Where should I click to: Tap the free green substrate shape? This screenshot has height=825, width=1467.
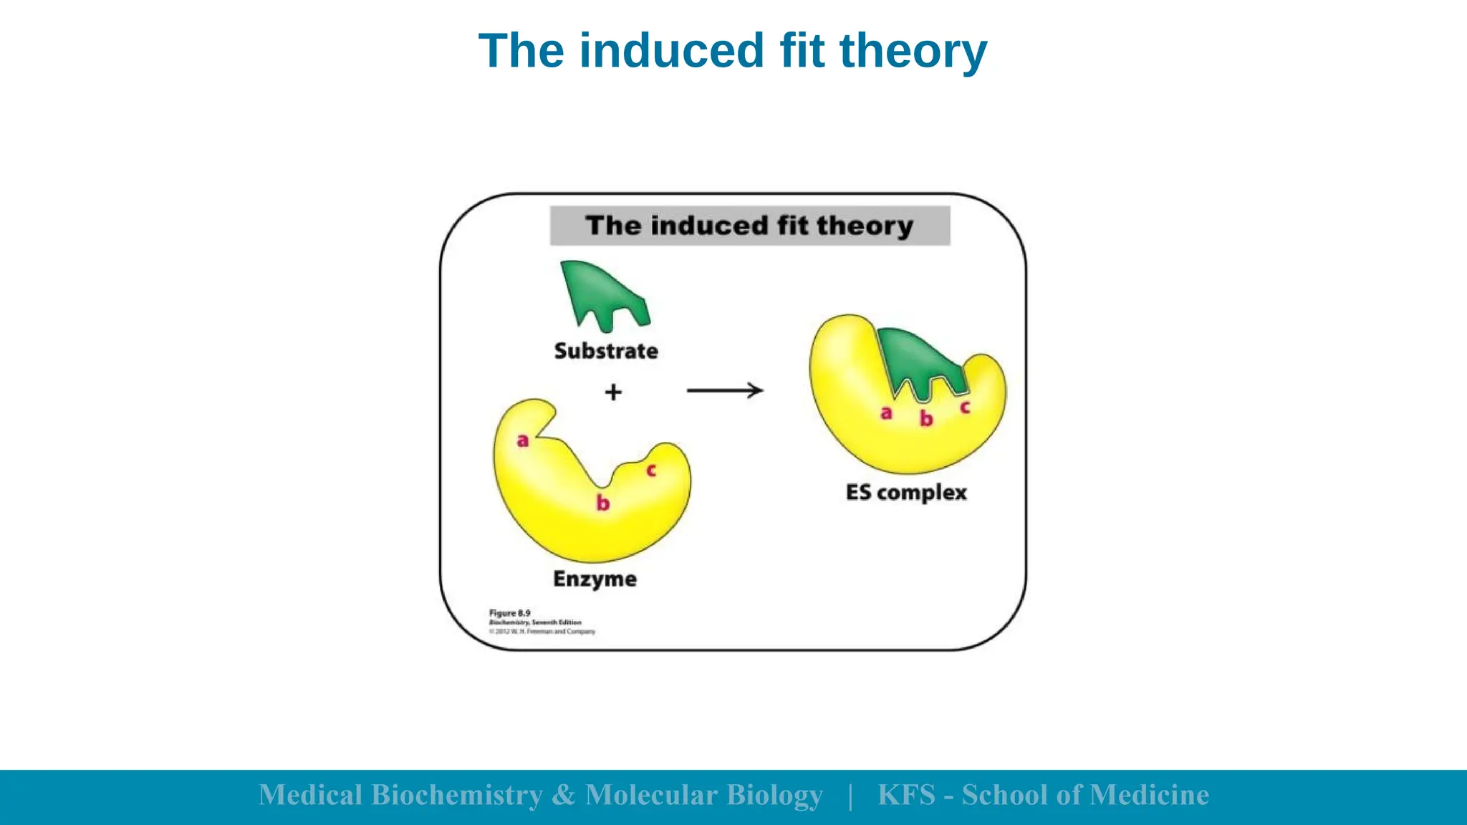pyautogui.click(x=598, y=290)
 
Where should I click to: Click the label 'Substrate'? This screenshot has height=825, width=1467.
pyautogui.click(x=606, y=351)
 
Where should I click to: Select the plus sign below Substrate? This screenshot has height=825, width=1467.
pyautogui.click(x=613, y=392)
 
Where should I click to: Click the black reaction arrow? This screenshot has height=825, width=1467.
pyautogui.click(x=725, y=390)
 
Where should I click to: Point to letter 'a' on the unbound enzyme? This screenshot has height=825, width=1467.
pyautogui.click(x=523, y=440)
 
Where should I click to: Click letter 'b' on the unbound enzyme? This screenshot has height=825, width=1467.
pyautogui.click(x=603, y=503)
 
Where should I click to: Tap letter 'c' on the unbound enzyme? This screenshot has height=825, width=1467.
pyautogui.click(x=651, y=471)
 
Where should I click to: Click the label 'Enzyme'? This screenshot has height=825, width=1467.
pyautogui.click(x=595, y=579)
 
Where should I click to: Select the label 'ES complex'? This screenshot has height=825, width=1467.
pyautogui.click(x=906, y=493)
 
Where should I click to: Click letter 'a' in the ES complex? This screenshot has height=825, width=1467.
pyautogui.click(x=886, y=413)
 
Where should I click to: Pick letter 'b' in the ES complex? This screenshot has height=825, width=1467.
pyautogui.click(x=926, y=418)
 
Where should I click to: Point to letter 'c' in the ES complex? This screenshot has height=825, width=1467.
pyautogui.click(x=965, y=407)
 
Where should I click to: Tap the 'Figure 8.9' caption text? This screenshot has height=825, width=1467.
pyautogui.click(x=510, y=613)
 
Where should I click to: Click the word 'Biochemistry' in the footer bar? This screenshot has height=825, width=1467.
pyautogui.click(x=457, y=796)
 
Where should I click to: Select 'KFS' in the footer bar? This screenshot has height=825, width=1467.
pyautogui.click(x=906, y=796)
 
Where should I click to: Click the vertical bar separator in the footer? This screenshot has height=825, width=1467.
pyautogui.click(x=850, y=796)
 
